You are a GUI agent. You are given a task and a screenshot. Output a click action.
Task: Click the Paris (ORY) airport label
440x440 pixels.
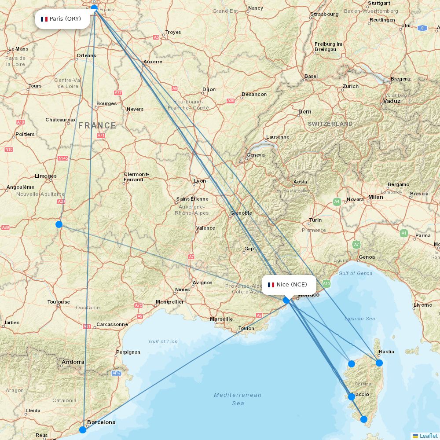click(x=62, y=19)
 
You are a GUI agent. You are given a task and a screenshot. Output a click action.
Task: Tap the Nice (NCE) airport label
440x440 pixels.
click(x=289, y=285)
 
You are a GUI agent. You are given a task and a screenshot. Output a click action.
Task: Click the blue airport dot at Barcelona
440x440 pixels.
click(x=83, y=429)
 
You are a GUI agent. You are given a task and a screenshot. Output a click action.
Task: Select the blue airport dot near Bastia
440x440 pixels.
click(x=379, y=363)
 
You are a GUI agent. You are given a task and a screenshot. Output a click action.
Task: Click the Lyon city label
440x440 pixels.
click(x=200, y=181)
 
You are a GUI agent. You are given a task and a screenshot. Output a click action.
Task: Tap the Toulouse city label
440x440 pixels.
click(x=59, y=302)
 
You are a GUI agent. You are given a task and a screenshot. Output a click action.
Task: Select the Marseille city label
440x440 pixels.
click(x=221, y=319)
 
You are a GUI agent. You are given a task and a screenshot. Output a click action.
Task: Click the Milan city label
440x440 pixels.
click(x=376, y=197)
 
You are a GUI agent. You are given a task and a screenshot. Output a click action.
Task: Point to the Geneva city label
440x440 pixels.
click(x=256, y=155)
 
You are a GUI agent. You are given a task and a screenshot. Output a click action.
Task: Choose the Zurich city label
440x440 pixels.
click(x=351, y=86)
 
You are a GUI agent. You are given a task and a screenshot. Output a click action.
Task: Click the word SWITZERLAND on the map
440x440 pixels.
click(x=330, y=124)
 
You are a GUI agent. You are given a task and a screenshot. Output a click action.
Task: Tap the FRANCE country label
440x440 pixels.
click(x=97, y=125)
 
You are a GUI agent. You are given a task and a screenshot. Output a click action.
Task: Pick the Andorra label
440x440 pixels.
click(x=73, y=362)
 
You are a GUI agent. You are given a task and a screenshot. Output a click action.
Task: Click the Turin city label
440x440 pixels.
click(x=315, y=220)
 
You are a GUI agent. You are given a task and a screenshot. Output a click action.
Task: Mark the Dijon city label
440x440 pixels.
click(x=209, y=89)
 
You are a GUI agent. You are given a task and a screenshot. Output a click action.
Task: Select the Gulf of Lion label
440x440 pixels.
click(x=163, y=341)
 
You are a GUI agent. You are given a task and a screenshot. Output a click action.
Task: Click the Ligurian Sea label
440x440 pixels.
click(x=360, y=319)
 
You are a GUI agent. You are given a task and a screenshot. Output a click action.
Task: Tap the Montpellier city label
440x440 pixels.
click(x=170, y=302)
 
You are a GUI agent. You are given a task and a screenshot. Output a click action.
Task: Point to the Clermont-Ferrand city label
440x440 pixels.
click(x=136, y=177)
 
